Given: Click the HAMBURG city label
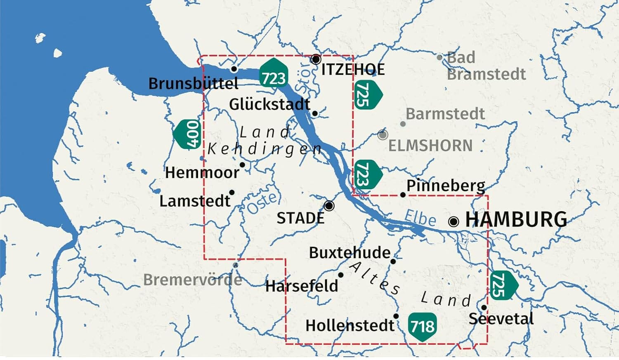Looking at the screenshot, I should (516, 219).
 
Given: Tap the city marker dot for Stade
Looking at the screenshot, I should (329, 205).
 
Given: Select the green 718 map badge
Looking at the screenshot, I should (422, 326).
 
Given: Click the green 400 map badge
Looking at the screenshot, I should (188, 134).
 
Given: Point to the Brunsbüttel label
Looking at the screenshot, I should (194, 84).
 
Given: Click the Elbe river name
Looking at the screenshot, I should (420, 217).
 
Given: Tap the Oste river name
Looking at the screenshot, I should (262, 203).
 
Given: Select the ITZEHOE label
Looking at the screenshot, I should (353, 69).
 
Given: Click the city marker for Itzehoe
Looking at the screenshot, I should (316, 59).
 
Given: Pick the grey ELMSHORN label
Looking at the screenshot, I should (430, 146).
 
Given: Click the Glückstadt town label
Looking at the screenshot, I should (269, 104).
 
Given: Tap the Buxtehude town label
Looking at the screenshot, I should (350, 252).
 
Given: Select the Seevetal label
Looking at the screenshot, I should (501, 319).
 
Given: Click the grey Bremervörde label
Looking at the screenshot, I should (193, 280).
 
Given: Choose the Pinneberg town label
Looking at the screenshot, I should (446, 186).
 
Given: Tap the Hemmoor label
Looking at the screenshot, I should (202, 172).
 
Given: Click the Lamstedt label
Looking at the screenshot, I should (195, 201).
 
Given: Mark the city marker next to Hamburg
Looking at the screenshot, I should (454, 221).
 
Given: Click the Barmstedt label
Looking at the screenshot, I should (445, 114).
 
